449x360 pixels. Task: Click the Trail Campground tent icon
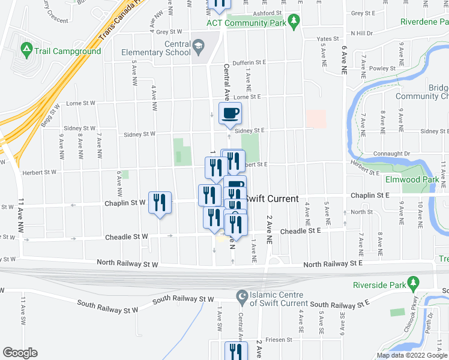click(x=26, y=47)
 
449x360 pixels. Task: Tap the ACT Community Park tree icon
click(x=294, y=22)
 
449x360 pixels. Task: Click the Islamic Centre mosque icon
click(x=242, y=295)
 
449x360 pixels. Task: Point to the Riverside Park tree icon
click(x=412, y=282)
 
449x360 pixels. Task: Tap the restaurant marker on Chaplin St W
click(x=160, y=203)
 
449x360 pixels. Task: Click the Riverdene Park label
click(x=424, y=22)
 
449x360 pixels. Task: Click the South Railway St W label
click(x=183, y=299)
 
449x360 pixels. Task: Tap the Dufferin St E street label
click(x=249, y=62)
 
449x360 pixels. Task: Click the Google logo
click(x=20, y=353)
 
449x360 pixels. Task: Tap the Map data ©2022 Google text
click(x=411, y=355)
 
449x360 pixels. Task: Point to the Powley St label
click(x=382, y=68)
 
